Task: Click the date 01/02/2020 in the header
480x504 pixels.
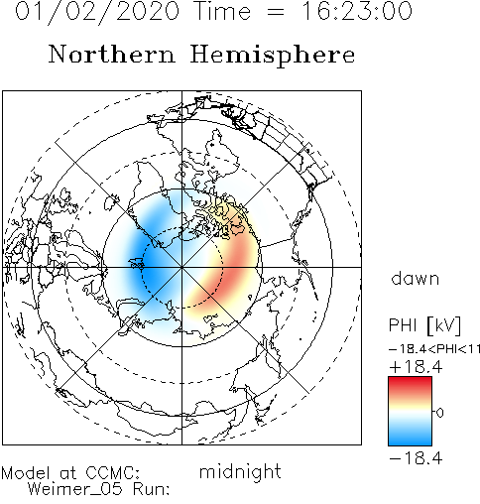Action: pos(97,12)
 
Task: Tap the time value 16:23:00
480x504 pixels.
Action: pos(357,11)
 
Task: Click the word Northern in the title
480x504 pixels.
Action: pos(112,54)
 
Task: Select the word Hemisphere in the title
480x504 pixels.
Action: pos(273,56)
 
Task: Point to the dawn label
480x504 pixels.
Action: pos(416,279)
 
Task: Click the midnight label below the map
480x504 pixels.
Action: pos(240,472)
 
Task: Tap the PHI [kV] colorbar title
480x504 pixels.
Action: pos(424,325)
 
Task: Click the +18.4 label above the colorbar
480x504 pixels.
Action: pos(416,367)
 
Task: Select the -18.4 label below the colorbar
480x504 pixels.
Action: pos(416,458)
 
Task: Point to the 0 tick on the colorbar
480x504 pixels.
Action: pos(440,413)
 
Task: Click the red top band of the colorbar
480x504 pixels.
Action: pos(410,385)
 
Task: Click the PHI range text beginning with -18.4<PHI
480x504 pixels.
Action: pos(434,349)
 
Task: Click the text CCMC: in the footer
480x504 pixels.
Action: pos(112,473)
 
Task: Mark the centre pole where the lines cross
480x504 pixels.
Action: pos(181,267)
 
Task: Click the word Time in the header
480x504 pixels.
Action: pos(223,11)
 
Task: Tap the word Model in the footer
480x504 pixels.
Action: pos(26,473)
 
